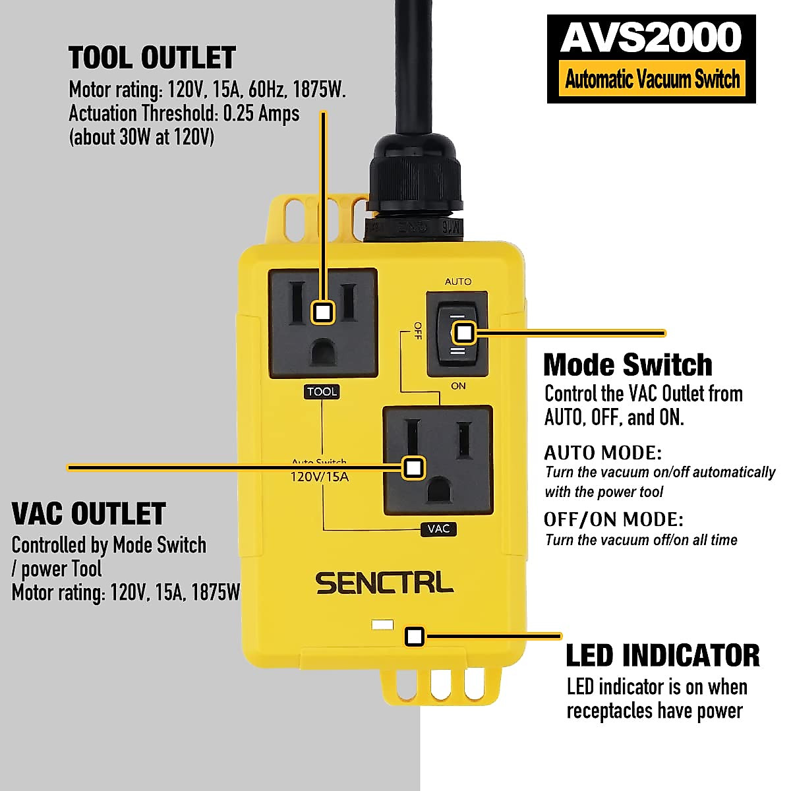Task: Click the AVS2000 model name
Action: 651,38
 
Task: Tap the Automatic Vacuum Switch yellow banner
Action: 652,80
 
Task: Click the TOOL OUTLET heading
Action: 152,58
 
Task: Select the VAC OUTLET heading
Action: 89,513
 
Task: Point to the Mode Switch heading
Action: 628,365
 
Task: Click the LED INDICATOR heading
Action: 662,655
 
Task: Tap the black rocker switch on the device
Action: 457,334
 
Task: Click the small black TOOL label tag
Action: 322,392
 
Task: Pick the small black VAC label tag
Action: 438,529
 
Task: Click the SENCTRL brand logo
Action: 384,583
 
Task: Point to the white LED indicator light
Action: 382,624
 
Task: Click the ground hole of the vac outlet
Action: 438,490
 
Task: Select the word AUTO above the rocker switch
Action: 458,281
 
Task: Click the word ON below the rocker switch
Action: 458,386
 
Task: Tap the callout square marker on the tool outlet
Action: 322,312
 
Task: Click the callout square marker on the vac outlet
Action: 413,467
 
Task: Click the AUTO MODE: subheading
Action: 602,453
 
